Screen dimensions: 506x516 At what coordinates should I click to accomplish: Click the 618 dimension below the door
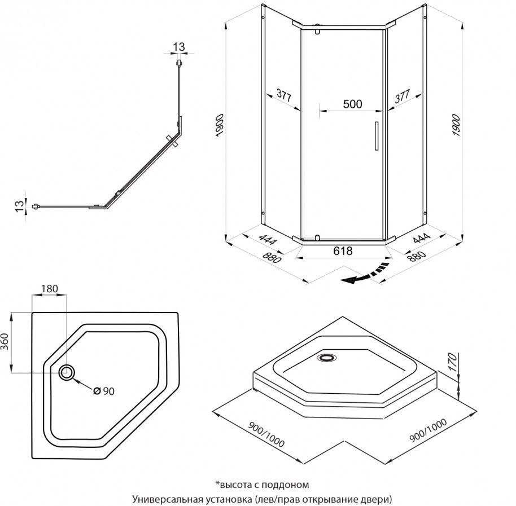pos(343,250)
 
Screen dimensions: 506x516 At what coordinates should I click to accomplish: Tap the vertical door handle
pos(374,136)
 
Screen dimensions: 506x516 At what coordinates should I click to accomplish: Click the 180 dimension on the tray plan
pos(49,289)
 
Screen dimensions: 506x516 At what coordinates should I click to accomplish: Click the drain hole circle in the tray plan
pos(67,372)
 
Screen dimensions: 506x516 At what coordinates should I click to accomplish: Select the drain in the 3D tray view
pos(327,357)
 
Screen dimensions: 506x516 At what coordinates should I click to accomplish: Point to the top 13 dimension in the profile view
pos(179,47)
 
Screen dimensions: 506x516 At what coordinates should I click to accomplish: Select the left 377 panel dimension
pos(284,96)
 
